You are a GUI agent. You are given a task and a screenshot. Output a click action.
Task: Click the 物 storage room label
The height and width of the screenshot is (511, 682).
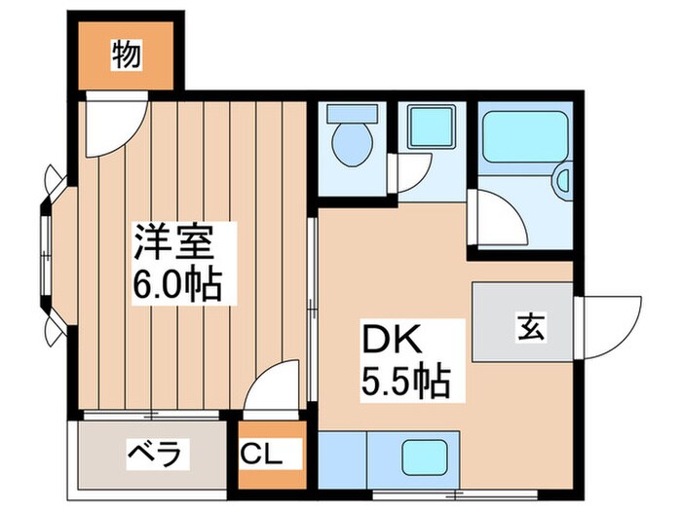(126, 54)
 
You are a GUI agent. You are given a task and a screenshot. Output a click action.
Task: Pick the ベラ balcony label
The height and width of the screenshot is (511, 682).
(154, 453)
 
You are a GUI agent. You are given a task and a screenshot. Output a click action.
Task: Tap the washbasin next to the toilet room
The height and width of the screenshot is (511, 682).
(429, 126)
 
